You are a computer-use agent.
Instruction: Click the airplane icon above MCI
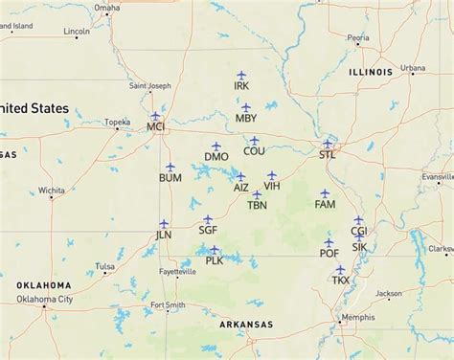pos(155,115)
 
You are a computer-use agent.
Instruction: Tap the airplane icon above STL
pos(328,143)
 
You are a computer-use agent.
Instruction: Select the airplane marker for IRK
pos(241,75)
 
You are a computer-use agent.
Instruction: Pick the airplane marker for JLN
pos(164,223)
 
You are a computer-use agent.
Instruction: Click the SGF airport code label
pos(208,231)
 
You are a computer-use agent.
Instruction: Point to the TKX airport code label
pos(341,281)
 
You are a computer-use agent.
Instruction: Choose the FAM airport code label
pos(326,205)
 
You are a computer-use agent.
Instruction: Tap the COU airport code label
pos(254,151)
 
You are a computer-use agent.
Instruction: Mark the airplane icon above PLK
pos(214,249)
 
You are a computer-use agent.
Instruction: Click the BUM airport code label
pos(170,178)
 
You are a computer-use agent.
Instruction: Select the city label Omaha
pos(107,8)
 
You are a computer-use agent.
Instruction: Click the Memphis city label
pos(359,317)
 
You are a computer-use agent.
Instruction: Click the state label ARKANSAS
pos(246,325)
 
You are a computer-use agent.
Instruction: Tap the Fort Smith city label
pos(168,305)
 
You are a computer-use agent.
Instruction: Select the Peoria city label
pos(358,38)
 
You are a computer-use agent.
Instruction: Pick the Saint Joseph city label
pos(151,86)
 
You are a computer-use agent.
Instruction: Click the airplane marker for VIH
pos(272,175)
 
